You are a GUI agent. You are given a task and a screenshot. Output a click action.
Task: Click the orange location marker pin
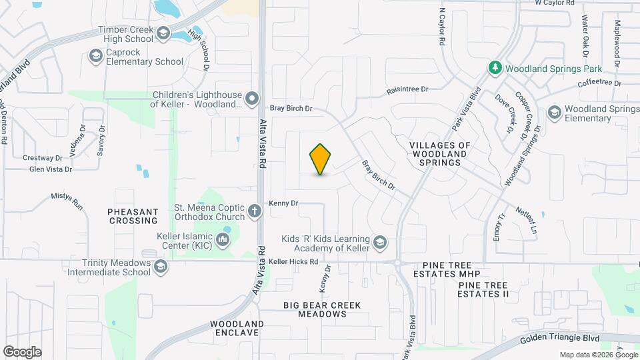point(321,159)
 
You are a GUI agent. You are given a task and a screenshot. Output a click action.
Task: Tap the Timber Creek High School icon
point(163,31)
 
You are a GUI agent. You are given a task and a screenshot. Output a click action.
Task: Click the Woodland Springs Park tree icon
point(495,67)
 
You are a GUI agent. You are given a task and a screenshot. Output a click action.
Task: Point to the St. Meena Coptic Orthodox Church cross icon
point(255,212)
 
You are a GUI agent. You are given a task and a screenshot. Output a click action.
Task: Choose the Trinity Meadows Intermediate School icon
point(160,267)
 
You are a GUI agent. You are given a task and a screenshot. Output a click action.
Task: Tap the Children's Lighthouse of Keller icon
point(252,100)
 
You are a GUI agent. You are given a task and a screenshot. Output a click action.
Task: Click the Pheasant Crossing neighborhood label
point(133,215)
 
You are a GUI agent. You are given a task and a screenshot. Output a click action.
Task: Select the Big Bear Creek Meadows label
point(322,309)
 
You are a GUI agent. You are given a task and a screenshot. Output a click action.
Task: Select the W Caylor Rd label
point(555,3)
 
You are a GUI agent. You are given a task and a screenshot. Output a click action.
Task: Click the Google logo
point(22,351)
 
